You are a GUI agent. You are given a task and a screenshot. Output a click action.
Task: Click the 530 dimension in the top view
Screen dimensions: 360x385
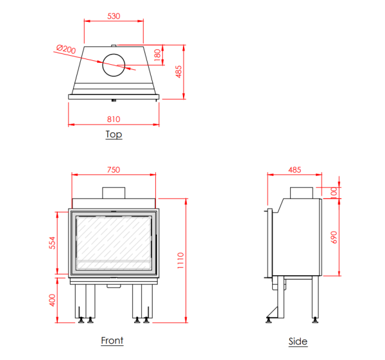[x=114, y=15]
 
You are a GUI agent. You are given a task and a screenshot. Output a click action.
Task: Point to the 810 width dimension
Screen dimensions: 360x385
[x=114, y=119]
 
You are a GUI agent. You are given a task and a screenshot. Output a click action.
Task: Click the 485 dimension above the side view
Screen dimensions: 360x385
[x=294, y=170]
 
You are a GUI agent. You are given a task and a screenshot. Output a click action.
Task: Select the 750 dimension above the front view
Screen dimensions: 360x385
[x=113, y=170]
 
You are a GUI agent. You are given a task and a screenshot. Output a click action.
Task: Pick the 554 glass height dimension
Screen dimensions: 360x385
[x=53, y=243]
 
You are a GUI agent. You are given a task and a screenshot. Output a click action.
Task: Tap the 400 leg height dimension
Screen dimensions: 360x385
[x=53, y=300]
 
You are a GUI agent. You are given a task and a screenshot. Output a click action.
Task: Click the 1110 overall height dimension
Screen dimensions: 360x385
[x=180, y=259]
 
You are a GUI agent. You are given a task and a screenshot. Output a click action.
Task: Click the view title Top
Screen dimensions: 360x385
[x=114, y=135]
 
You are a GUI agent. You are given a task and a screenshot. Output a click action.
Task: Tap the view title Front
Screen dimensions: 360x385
[x=112, y=341]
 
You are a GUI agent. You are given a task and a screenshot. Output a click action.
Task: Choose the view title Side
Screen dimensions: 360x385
[x=298, y=341]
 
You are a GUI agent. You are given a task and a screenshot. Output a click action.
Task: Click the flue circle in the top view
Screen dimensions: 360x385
[x=114, y=65]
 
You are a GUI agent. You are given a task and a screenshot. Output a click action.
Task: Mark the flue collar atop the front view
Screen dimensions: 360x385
[x=114, y=192]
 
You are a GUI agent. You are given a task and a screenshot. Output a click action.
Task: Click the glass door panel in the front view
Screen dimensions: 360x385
[x=114, y=243]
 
